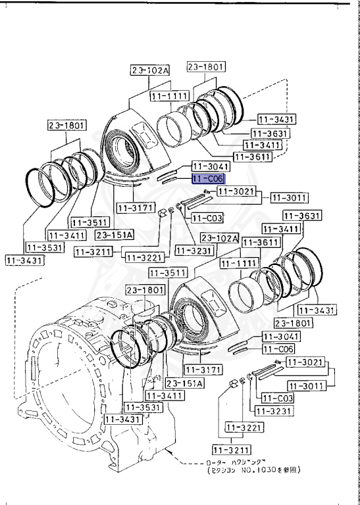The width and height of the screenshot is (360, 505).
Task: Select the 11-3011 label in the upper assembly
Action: coord(284,197)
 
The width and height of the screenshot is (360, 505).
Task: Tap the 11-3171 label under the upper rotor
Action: coord(134,208)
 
